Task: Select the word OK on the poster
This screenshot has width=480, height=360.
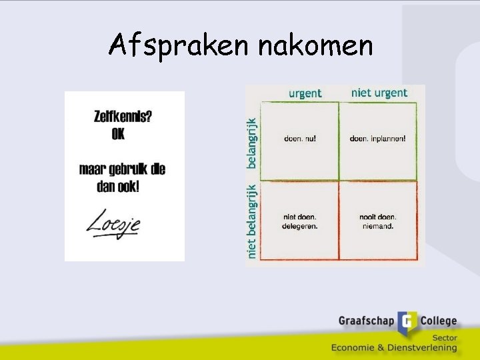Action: tap(118, 134)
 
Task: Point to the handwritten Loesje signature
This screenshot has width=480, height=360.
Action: tap(113, 223)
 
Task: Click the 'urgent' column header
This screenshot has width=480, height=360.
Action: tap(305, 93)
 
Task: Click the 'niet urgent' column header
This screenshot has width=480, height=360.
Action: tap(379, 93)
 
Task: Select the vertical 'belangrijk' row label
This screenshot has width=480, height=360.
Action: tap(251, 143)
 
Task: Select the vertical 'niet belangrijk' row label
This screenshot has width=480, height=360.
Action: tap(251, 221)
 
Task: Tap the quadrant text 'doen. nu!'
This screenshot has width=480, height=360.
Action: tap(301, 139)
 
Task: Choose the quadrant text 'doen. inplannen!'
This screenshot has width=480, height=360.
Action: tap(377, 139)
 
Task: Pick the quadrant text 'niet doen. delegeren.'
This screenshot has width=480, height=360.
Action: tap(301, 221)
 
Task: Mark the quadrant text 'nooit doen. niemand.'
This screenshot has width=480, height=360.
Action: tap(377, 221)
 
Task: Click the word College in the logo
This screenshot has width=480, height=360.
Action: tap(438, 321)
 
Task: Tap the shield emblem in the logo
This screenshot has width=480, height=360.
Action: tap(407, 323)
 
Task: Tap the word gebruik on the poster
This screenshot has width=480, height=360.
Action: tap(124, 169)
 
